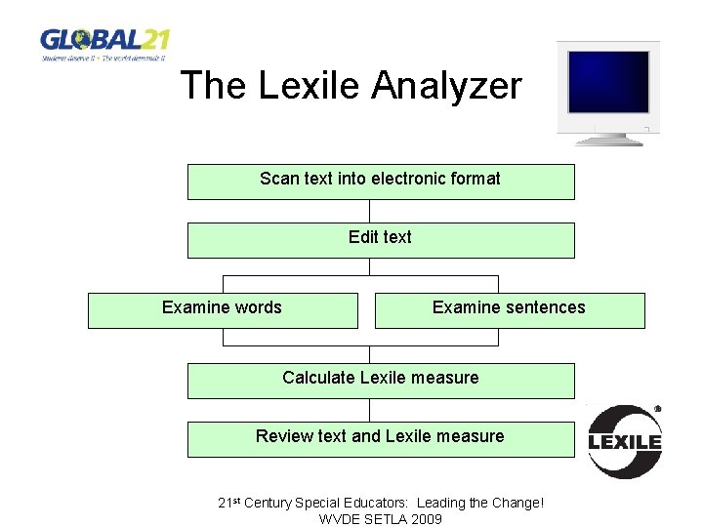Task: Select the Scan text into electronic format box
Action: tap(380, 182)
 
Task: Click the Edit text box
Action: tap(380, 240)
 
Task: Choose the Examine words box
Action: tap(223, 310)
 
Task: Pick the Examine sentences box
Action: tap(509, 310)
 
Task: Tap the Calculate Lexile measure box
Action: tap(380, 381)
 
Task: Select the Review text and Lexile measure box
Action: tap(380, 439)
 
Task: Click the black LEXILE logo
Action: tap(625, 441)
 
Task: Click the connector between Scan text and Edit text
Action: tap(370, 211)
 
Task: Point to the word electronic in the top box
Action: tap(410, 179)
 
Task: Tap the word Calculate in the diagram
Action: tap(318, 378)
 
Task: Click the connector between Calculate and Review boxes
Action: tap(370, 410)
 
